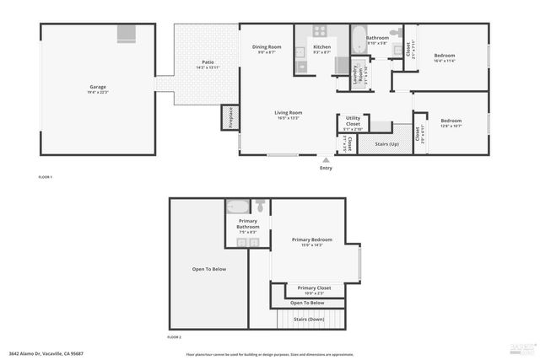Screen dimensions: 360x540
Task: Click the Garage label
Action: pyautogui.click(x=98, y=87)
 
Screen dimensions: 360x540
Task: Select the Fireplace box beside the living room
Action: pyautogui.click(x=227, y=118)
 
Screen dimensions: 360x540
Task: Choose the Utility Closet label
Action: pyautogui.click(x=353, y=121)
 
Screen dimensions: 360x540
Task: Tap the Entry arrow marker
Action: pyautogui.click(x=326, y=158)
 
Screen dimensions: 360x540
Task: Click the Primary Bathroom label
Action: pyautogui.click(x=248, y=224)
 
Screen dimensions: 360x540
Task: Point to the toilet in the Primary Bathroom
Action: pyautogui.click(x=260, y=206)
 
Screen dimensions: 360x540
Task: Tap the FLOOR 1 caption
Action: pyautogui.click(x=46, y=177)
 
